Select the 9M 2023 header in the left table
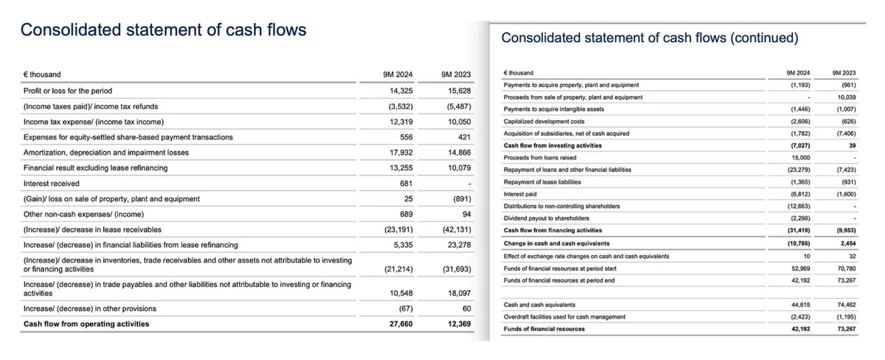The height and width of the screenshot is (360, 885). click(x=456, y=74)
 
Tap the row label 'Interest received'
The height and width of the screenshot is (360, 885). click(x=52, y=183)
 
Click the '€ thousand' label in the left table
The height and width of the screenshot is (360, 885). click(x=43, y=74)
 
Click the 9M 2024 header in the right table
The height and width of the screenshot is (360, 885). click(x=799, y=73)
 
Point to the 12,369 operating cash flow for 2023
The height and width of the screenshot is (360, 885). click(x=456, y=324)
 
